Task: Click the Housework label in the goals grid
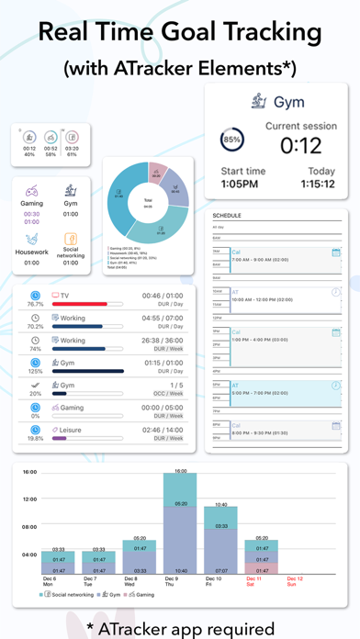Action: click(x=32, y=251)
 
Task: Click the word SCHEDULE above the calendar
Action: click(x=228, y=217)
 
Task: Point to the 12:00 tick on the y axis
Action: click(x=29, y=499)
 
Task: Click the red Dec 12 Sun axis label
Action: click(x=295, y=581)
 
